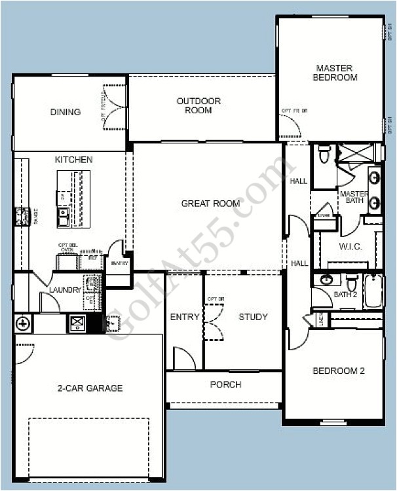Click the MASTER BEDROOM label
tap(336, 73)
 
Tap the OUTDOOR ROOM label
tap(198, 105)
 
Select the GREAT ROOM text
tap(210, 204)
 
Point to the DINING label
tap(66, 112)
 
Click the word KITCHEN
tap(73, 160)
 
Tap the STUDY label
tap(253, 317)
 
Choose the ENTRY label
tap(185, 317)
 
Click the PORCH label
tap(225, 384)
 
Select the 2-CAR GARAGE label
tap(90, 388)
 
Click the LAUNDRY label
tap(65, 290)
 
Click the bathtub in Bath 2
tap(373, 291)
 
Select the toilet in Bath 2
tap(351, 283)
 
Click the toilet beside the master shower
tap(324, 155)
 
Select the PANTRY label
tap(119, 264)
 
